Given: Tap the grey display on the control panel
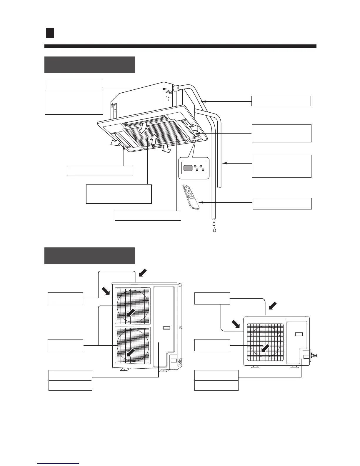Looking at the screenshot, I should [188, 168].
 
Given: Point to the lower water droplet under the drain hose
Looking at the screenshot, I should [215, 230].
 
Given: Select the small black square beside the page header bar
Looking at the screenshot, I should [50, 33].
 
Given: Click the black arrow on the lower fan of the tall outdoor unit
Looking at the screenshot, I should [131, 352].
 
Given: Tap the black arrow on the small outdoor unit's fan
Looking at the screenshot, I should [265, 348].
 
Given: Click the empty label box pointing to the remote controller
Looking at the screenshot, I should [282, 203].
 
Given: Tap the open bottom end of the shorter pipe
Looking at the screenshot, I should [219, 186].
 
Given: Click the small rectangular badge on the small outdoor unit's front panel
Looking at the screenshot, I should [299, 334].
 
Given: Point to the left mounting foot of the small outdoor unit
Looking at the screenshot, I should [255, 367].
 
